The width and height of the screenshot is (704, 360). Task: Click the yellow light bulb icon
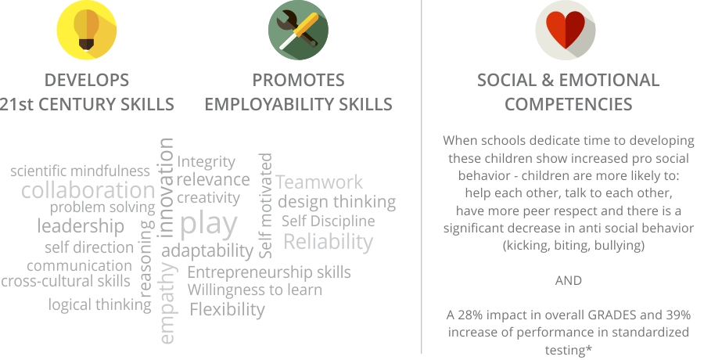click(x=87, y=30)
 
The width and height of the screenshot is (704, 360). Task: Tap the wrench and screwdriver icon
click(x=298, y=30)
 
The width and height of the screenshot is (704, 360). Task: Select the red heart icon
click(x=566, y=30)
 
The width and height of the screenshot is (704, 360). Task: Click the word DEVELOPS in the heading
click(x=87, y=81)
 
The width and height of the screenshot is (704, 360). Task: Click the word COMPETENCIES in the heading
click(x=569, y=104)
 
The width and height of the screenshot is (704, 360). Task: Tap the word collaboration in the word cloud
click(x=88, y=190)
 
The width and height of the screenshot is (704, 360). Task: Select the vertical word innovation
click(x=166, y=187)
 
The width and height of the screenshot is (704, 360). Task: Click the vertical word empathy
click(x=167, y=304)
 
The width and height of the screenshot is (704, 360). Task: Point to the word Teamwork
click(x=319, y=182)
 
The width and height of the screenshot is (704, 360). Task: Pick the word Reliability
click(x=329, y=242)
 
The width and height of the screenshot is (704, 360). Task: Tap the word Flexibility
click(x=227, y=310)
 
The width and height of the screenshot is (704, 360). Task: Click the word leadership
click(x=81, y=226)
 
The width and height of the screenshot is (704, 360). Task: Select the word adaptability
click(x=207, y=250)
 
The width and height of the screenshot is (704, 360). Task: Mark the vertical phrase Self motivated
click(x=266, y=205)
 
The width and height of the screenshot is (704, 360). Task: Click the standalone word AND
click(x=569, y=280)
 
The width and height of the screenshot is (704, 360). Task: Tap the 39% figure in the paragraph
click(x=678, y=315)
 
